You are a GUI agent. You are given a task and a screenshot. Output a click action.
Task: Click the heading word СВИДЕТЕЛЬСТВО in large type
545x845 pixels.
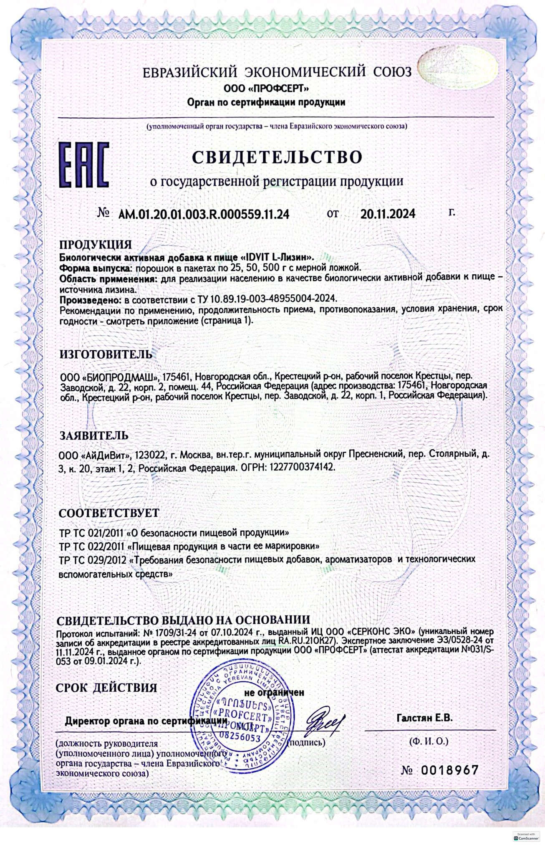click(x=277, y=157)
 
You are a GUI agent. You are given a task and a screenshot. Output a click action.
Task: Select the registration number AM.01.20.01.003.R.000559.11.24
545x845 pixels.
click(x=204, y=214)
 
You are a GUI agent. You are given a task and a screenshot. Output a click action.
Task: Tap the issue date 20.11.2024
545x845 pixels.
click(x=388, y=214)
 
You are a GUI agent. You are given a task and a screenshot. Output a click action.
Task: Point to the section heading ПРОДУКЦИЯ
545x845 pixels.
click(x=95, y=244)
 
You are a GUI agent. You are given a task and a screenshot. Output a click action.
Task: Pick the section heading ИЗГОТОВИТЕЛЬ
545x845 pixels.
click(x=106, y=354)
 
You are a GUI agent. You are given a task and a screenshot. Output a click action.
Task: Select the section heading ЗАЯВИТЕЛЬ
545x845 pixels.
click(x=93, y=435)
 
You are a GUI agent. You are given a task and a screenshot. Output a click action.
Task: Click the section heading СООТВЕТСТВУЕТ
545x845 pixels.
click(x=109, y=512)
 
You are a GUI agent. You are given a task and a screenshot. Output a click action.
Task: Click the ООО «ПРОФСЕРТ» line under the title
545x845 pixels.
click(x=266, y=88)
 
